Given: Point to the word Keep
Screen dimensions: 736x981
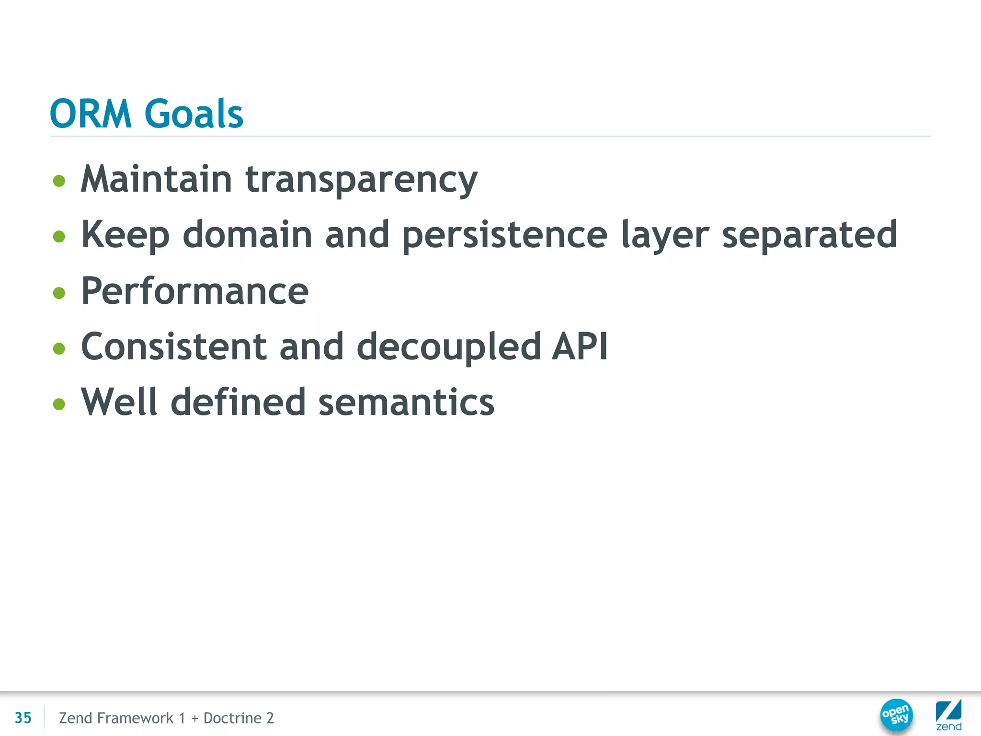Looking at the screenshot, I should tap(125, 235).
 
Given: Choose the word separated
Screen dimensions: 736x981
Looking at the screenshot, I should tap(809, 235).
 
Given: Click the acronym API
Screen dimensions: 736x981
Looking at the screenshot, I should tap(580, 346).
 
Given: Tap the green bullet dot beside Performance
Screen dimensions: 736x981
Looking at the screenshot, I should tap(59, 293).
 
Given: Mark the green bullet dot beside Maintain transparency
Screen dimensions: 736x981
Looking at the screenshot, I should tap(59, 181).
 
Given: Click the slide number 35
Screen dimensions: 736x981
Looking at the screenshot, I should tap(23, 718).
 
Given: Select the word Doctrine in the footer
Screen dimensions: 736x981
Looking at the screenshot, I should tap(232, 718).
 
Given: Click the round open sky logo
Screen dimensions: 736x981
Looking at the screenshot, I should tap(896, 715).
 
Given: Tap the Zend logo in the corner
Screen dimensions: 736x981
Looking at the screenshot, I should tap(948, 715).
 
